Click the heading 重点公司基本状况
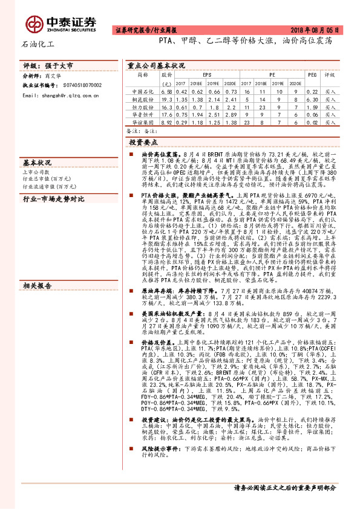tap(156, 65)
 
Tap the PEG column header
tap(312, 75)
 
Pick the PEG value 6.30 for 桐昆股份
tap(312, 99)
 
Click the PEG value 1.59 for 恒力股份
tap(312, 106)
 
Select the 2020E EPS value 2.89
tap(227, 114)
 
